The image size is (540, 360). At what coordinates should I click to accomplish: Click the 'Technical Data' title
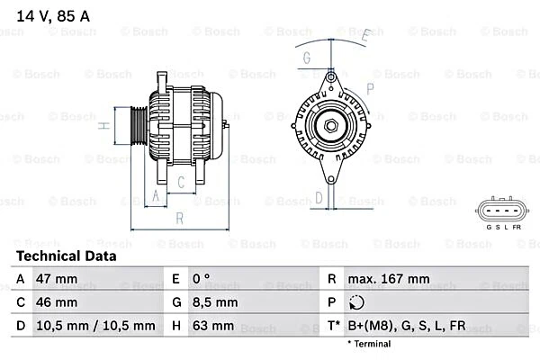tap(67, 256)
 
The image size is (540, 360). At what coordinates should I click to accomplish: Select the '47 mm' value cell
tap(57, 279)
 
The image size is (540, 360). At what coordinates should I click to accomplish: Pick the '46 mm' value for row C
tap(57, 302)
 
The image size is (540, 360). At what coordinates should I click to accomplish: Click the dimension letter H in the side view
tap(104, 125)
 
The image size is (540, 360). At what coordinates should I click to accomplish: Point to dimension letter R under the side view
tap(179, 219)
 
